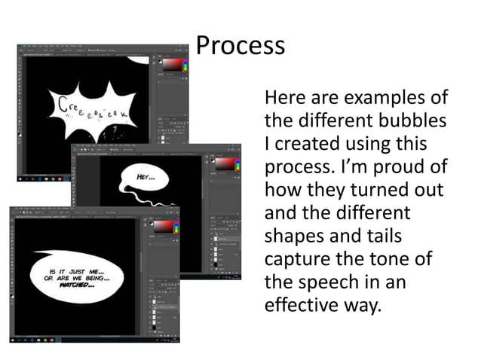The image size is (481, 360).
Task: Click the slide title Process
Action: (x=240, y=46)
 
